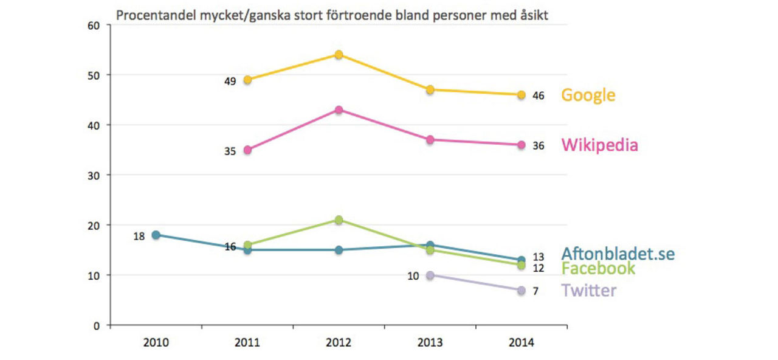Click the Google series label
click(x=588, y=95)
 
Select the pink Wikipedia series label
click(x=599, y=145)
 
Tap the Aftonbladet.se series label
click(x=618, y=254)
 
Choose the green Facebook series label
click(x=598, y=268)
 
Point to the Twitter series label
click(x=588, y=290)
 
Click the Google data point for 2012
click(x=339, y=55)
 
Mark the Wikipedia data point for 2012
click(x=339, y=110)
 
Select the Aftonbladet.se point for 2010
click(x=156, y=235)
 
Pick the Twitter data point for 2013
click(x=430, y=275)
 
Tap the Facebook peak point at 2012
click(x=339, y=220)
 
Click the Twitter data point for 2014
click(x=522, y=291)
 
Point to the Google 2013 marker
click(x=430, y=90)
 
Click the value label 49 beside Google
click(x=230, y=80)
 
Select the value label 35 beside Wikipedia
click(x=230, y=151)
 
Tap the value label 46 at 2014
click(x=538, y=95)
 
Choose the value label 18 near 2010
click(x=139, y=236)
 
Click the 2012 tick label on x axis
click(x=339, y=343)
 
